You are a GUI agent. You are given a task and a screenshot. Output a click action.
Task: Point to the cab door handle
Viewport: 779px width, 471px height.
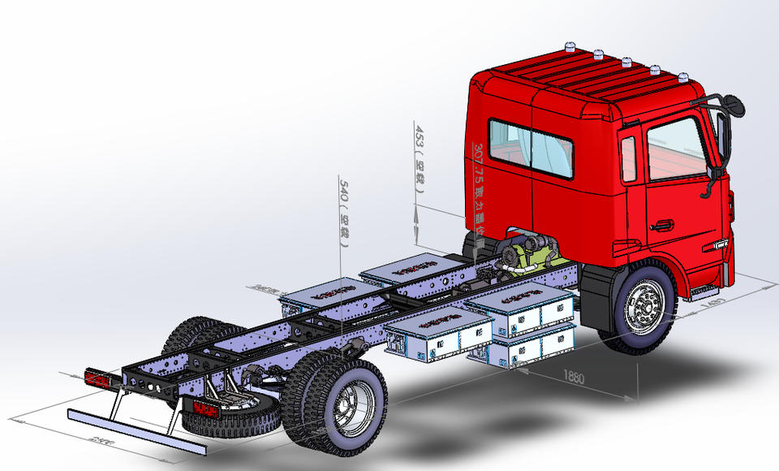[x=661, y=225]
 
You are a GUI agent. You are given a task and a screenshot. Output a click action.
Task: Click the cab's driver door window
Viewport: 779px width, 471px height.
[x=674, y=149]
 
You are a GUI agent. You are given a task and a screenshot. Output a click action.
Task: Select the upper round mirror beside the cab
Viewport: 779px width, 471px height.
[x=732, y=105]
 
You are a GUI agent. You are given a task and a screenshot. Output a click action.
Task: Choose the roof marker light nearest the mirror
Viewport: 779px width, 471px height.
[x=683, y=79]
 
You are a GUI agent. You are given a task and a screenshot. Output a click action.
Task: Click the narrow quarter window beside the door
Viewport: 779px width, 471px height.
[x=628, y=159]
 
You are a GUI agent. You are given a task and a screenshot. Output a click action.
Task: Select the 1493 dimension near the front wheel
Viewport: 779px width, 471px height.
[x=712, y=303]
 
